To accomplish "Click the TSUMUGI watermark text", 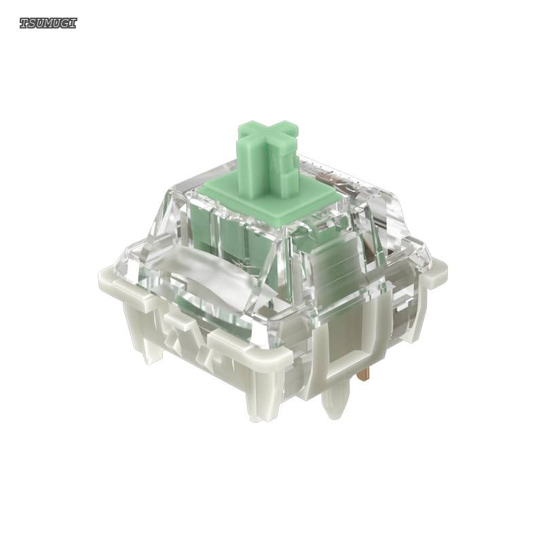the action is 48,23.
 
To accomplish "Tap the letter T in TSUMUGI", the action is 24,23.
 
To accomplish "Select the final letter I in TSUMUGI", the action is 73,23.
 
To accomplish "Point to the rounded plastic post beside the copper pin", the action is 335,398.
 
